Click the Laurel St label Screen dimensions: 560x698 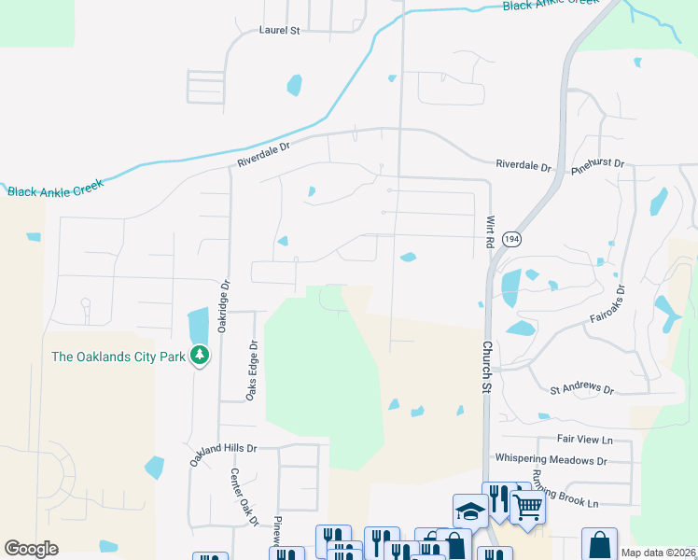point(278,30)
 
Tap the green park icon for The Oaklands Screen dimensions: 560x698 point(199,355)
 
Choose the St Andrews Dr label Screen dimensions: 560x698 point(581,388)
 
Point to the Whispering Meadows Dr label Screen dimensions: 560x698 point(551,460)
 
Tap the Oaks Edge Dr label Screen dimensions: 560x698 point(252,371)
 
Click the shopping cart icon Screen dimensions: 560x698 point(527,508)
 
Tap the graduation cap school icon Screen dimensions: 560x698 point(469,510)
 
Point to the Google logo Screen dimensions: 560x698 point(32,549)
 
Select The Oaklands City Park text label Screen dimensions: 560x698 point(118,356)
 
